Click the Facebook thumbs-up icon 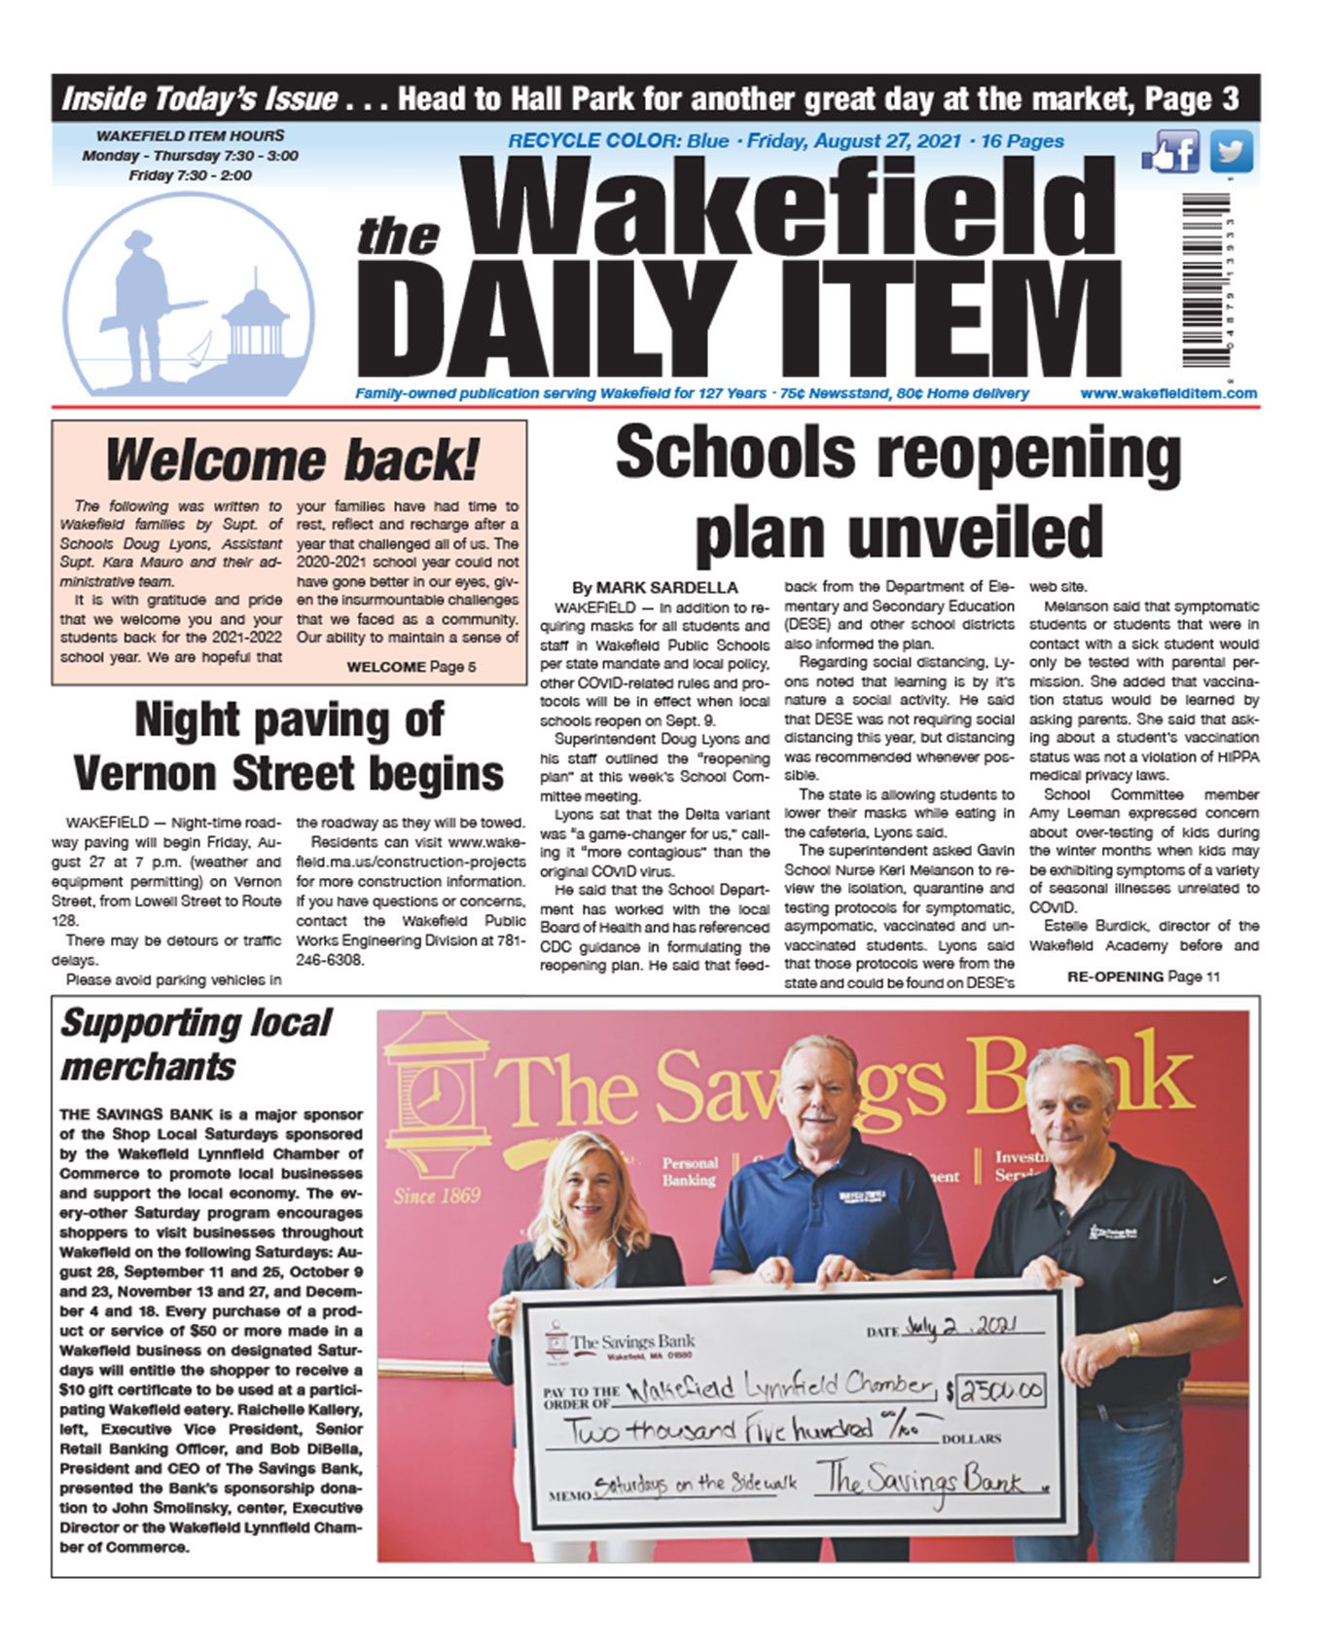1171,153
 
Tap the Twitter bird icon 1232,152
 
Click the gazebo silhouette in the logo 255,325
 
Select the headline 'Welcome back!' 291,459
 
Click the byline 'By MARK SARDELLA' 654,588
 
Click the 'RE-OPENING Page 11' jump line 1142,976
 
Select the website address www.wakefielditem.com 1167,393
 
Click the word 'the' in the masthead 398,238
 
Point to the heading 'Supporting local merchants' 195,1045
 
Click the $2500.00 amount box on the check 1002,1392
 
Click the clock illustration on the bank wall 429,1095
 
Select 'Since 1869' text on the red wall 436,1195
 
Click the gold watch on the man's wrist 1131,1341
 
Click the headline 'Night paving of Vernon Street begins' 289,747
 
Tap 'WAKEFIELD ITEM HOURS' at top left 190,136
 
